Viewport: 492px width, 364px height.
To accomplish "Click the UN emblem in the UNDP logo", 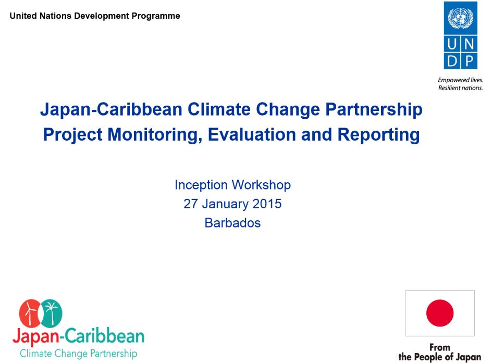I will tap(461, 19).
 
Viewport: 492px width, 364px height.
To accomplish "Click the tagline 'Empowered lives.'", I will tap(460, 80).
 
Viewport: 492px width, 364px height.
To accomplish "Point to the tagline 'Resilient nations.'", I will tap(460, 87).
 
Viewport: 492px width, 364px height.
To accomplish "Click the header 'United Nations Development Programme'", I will tap(95, 16).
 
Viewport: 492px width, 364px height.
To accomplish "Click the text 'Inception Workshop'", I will tap(232, 185).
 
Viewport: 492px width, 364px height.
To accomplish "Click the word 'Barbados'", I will tap(232, 223).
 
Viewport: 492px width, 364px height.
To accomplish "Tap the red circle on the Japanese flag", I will tap(440, 313).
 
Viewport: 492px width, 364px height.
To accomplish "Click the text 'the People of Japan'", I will tap(440, 357).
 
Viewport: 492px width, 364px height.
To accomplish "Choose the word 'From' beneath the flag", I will tap(440, 347).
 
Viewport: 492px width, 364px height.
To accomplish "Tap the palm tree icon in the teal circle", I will tap(51, 312).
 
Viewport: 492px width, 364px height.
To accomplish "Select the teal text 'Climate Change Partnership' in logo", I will tap(78, 354).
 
